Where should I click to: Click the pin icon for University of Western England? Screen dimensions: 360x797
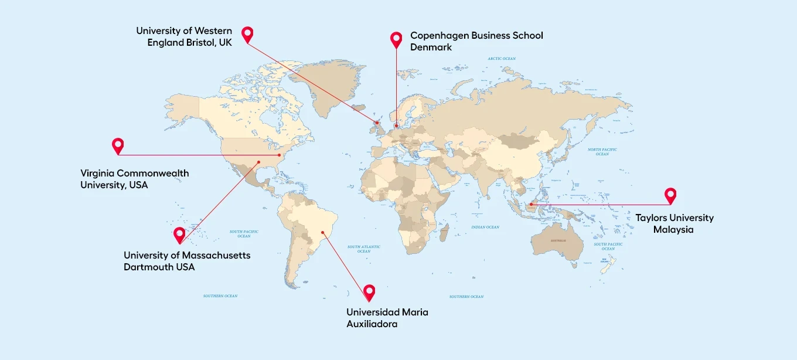pyautogui.click(x=247, y=34)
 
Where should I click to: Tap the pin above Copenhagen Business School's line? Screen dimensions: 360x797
pyautogui.click(x=396, y=39)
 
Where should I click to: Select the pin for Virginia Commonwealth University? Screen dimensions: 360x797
pyautogui.click(x=118, y=145)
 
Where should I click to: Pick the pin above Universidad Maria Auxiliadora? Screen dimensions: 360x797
pyautogui.click(x=369, y=291)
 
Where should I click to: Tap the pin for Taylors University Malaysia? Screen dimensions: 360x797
pyautogui.click(x=670, y=195)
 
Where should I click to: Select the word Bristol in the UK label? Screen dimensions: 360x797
pyautogui.click(x=200, y=43)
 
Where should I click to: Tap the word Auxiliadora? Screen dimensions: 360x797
pyautogui.click(x=372, y=324)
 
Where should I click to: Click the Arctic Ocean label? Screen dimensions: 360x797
pyautogui.click(x=502, y=59)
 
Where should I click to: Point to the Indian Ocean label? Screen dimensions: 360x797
pyautogui.click(x=485, y=227)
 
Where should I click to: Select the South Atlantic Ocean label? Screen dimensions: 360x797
pyautogui.click(x=363, y=249)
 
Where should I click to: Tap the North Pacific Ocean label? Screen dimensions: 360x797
pyautogui.click(x=602, y=151)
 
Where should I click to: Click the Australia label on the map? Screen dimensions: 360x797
pyautogui.click(x=558, y=241)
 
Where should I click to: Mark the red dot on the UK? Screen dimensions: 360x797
pyautogui.click(x=377, y=123)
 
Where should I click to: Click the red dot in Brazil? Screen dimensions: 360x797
pyautogui.click(x=322, y=239)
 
